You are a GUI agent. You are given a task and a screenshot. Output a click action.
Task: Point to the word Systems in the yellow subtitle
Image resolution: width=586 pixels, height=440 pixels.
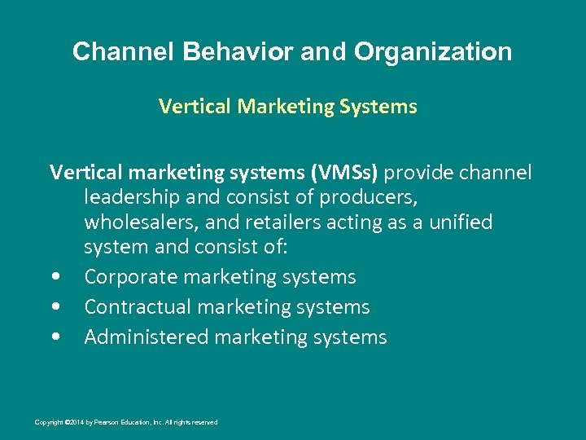[376, 107]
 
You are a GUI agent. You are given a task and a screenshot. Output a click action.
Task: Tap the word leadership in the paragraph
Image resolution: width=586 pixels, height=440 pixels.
[133, 198]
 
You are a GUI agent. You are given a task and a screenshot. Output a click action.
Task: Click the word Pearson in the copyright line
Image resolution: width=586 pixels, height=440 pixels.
[111, 422]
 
